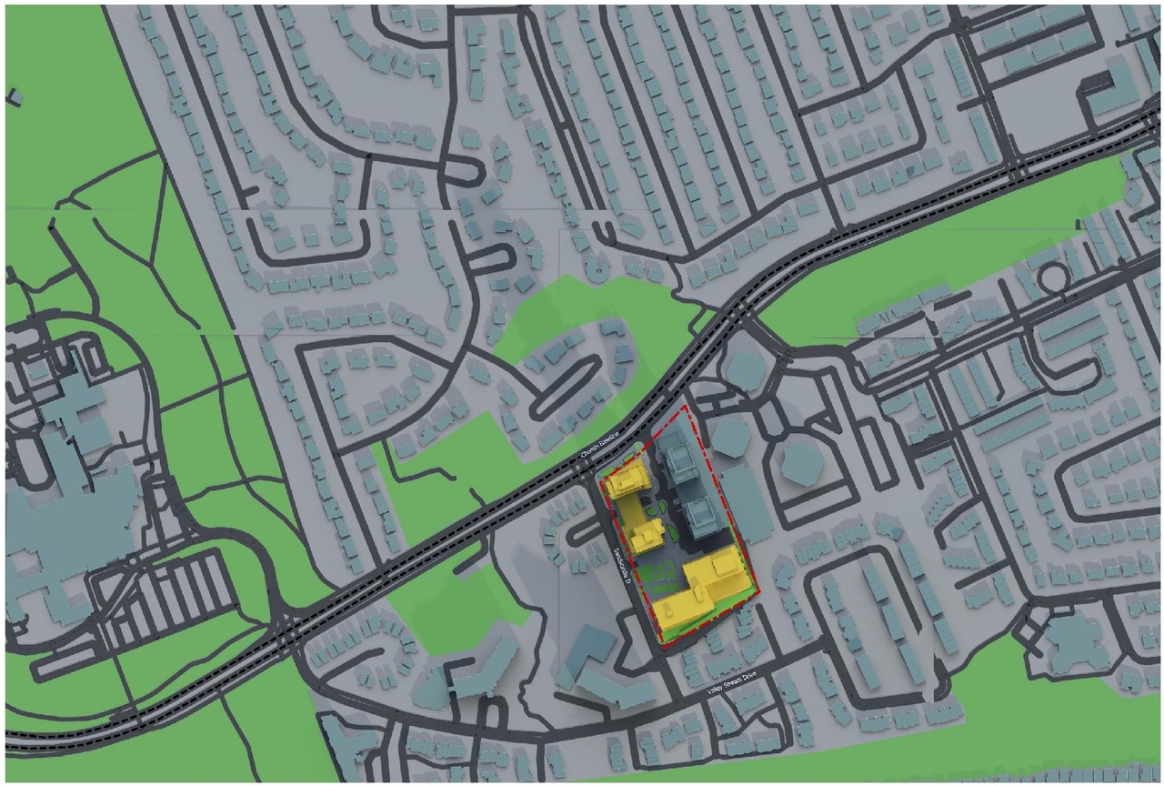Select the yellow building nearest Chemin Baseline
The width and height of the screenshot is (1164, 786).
pyautogui.click(x=627, y=482)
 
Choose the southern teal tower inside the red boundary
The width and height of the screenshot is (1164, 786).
pyautogui.click(x=701, y=517)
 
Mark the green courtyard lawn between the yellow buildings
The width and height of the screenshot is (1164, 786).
pyautogui.click(x=657, y=576)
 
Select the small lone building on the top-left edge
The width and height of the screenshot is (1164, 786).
pyautogui.click(x=14, y=96)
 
